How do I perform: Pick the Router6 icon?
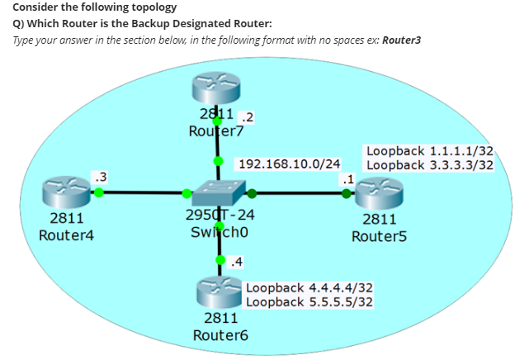point(220,293)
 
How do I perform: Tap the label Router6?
point(220,335)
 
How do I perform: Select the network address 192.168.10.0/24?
point(289,163)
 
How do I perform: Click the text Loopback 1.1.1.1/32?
point(430,151)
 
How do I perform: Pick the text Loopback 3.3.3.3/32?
point(430,164)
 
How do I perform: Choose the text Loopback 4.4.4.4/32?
point(309,287)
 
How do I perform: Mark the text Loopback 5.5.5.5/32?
point(309,301)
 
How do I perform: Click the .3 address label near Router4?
point(100,175)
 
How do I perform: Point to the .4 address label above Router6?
point(237,263)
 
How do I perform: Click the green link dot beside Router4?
point(98,192)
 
